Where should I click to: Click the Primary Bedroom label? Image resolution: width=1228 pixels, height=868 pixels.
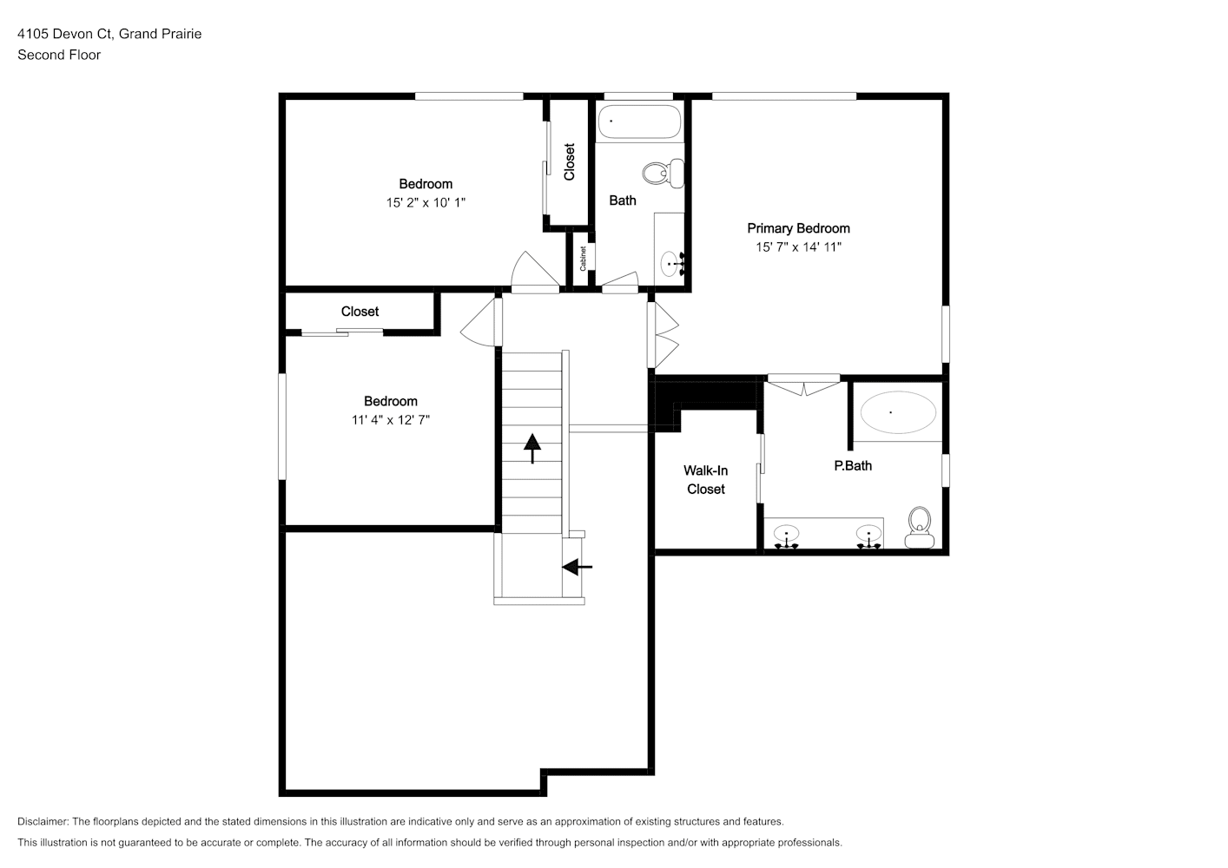click(x=798, y=228)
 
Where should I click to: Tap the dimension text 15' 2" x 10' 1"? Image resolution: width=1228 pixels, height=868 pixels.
click(x=426, y=203)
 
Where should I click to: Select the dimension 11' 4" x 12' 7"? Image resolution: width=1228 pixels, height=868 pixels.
click(x=390, y=420)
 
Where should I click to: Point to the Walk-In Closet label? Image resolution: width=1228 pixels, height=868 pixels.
click(x=705, y=479)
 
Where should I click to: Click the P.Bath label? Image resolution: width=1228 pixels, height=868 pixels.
click(x=853, y=466)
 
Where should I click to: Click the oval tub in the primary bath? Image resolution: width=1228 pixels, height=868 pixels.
click(x=898, y=412)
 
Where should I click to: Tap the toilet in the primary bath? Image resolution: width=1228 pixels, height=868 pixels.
click(x=920, y=527)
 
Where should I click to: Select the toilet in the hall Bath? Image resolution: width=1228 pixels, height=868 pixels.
click(x=664, y=173)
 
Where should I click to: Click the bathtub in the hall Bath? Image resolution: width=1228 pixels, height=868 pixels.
click(x=639, y=122)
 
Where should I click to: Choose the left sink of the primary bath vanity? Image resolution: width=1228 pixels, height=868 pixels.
click(x=786, y=536)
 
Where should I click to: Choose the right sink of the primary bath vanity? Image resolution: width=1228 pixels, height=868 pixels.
click(x=869, y=536)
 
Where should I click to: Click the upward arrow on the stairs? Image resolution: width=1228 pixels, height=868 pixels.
click(x=531, y=449)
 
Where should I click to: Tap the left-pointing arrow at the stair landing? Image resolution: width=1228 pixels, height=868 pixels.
click(x=577, y=567)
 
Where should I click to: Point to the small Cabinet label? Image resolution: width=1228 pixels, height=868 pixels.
click(x=583, y=258)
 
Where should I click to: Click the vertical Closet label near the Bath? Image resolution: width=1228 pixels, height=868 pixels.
click(x=569, y=161)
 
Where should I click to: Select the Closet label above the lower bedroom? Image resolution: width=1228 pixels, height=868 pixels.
click(x=360, y=312)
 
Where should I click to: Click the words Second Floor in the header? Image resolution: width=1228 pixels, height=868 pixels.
click(x=59, y=55)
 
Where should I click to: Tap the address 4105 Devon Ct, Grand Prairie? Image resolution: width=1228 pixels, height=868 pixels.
click(x=109, y=34)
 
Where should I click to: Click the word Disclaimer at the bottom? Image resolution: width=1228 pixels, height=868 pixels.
click(x=43, y=821)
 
